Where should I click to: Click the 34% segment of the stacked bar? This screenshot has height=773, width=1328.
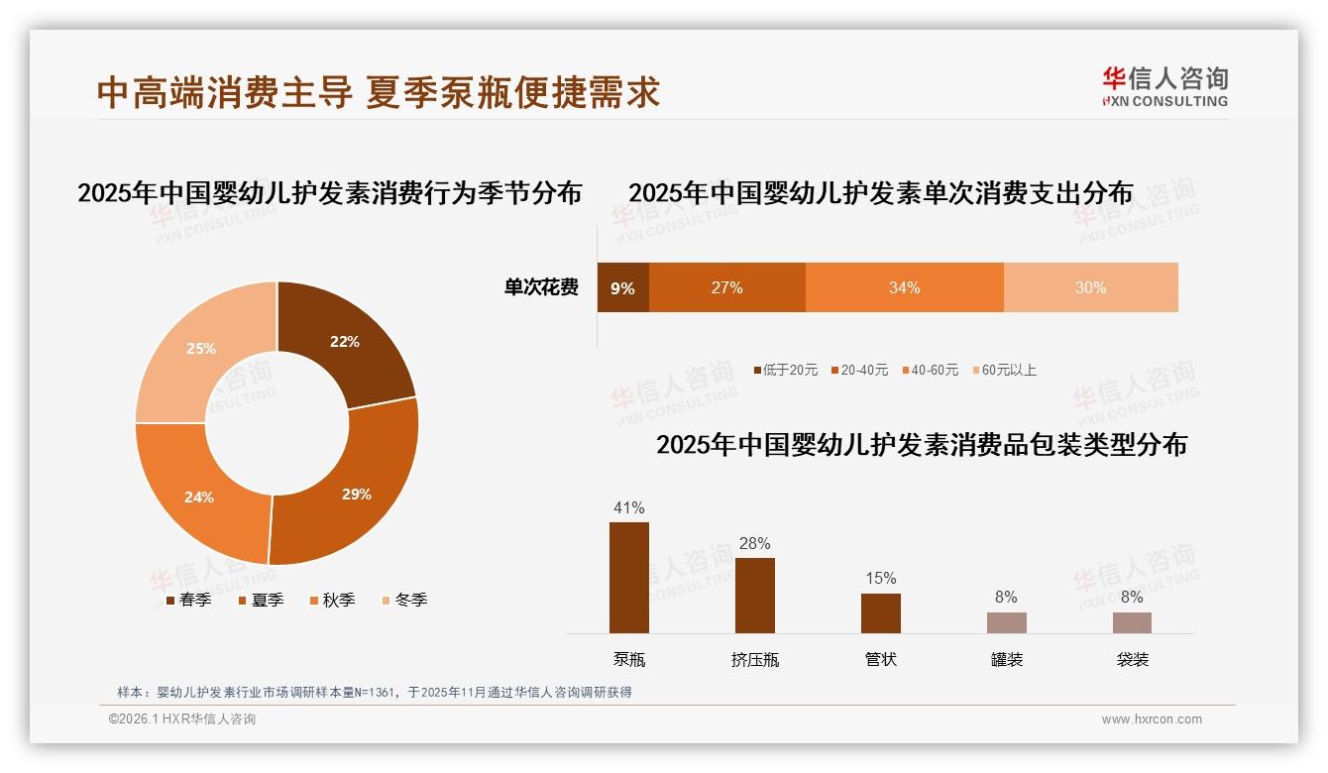click(904, 287)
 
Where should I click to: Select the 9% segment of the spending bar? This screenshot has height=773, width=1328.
click(622, 288)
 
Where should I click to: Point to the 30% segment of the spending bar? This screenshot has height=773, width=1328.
click(1090, 287)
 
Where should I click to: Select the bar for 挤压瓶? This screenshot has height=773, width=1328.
click(755, 596)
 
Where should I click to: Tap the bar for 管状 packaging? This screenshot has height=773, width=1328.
click(881, 613)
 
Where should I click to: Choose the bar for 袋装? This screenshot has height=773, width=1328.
click(1132, 622)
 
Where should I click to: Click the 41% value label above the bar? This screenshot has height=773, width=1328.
click(629, 508)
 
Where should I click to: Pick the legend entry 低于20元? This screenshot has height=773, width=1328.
click(787, 370)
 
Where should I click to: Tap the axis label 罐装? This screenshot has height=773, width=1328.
click(1007, 659)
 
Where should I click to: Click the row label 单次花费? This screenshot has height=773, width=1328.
click(541, 287)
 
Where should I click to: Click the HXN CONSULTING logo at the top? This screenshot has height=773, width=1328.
click(1165, 87)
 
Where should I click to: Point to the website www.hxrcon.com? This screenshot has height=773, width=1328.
click(1152, 719)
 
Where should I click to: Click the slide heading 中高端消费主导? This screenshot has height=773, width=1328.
click(225, 92)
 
